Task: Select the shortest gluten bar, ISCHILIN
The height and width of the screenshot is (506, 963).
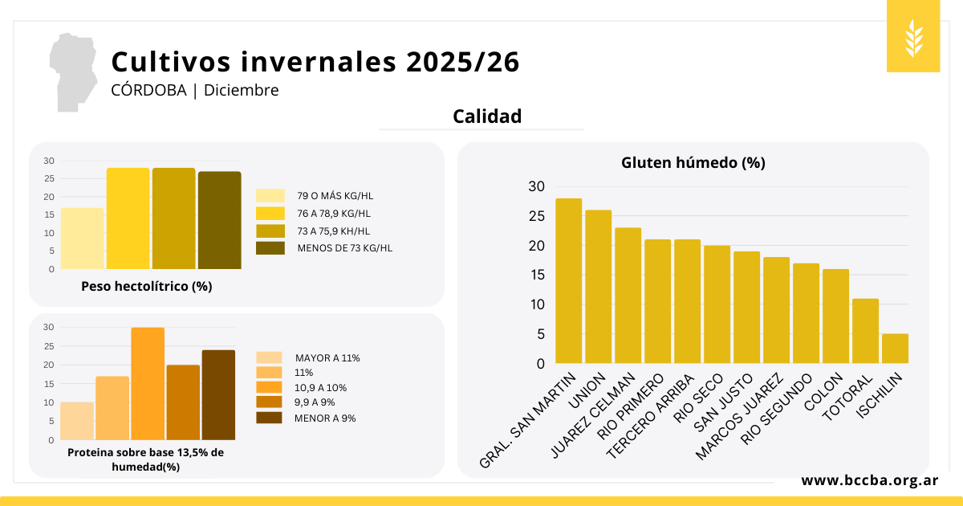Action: point(895,349)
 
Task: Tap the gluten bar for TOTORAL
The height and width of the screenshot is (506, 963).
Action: point(865,331)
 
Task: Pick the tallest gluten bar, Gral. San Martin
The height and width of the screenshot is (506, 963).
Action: point(569,281)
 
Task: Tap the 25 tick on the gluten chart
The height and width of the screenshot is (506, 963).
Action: point(536,216)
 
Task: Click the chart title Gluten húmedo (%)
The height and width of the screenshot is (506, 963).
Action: point(693,162)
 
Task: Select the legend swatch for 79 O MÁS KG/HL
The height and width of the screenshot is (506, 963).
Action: point(270,196)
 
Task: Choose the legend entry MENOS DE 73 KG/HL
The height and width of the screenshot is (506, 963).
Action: point(344,248)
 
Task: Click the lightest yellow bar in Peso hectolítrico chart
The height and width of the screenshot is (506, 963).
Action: point(82,239)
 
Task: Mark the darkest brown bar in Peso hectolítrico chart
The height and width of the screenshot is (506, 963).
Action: point(219,220)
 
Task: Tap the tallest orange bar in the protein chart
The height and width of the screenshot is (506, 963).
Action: point(148,384)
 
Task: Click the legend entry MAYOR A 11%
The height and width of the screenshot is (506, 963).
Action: point(327,358)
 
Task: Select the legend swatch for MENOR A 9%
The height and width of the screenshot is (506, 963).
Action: point(269,418)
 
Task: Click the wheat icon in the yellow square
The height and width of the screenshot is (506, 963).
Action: point(913,37)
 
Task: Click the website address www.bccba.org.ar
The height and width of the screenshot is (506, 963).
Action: point(870,480)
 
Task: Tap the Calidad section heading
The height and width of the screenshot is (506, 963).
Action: point(487,116)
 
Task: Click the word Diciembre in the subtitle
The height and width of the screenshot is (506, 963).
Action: point(241,90)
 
